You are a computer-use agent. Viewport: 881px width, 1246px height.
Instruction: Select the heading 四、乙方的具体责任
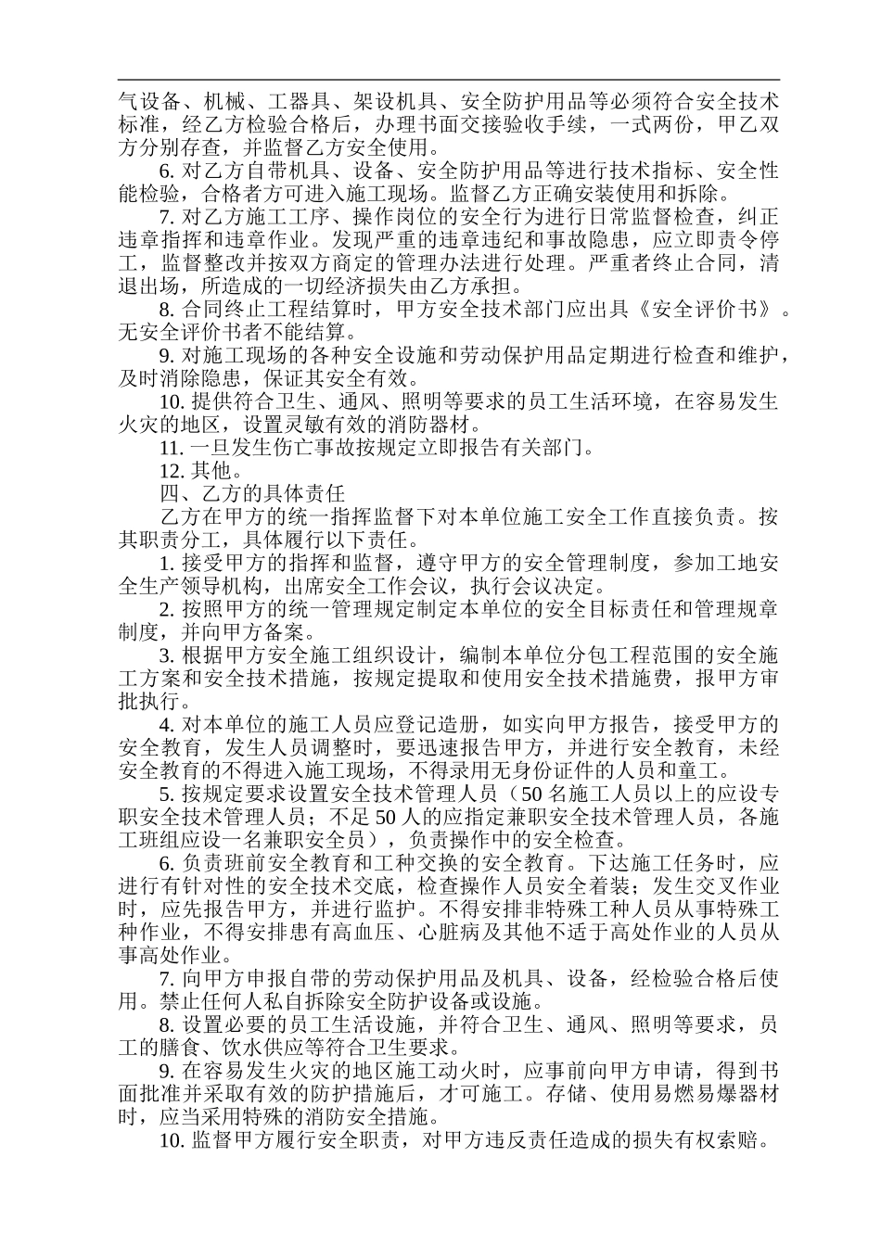tap(253, 493)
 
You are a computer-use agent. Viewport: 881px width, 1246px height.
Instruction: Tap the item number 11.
tap(172, 448)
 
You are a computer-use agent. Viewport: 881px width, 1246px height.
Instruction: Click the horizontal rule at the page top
tap(450, 81)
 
